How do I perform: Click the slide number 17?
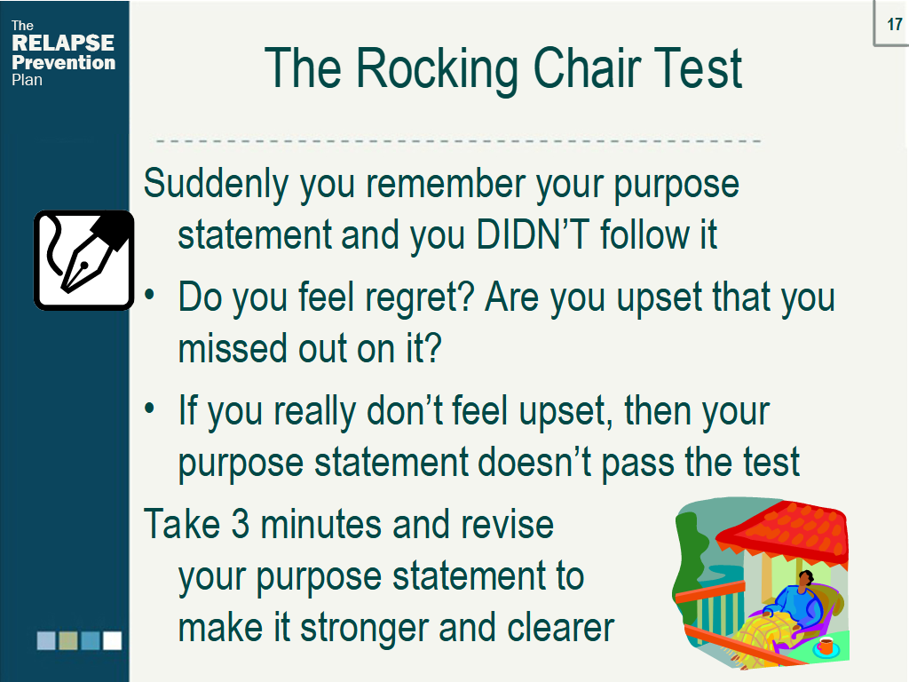[x=894, y=24]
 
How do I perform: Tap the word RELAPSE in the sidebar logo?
[x=63, y=44]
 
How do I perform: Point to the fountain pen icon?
[x=83, y=259]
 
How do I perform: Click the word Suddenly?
[x=216, y=185]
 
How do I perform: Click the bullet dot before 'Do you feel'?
[x=152, y=296]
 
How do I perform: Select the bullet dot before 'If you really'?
[x=152, y=409]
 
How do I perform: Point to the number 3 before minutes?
[x=241, y=524]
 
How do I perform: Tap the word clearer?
[x=561, y=628]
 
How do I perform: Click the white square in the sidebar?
[x=112, y=640]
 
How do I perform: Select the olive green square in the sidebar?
[x=68, y=640]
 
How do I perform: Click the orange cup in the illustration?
[x=826, y=646]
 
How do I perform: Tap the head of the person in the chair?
[x=804, y=579]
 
